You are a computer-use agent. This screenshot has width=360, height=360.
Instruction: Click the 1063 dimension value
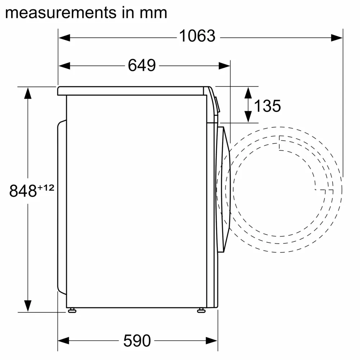(197, 36)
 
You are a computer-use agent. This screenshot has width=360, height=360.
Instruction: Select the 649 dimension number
(142, 66)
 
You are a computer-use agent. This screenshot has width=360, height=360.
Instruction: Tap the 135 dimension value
(267, 106)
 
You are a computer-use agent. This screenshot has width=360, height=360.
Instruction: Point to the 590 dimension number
(137, 340)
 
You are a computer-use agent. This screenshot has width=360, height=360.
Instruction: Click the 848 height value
(23, 191)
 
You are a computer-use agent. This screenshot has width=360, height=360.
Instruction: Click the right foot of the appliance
(201, 310)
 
